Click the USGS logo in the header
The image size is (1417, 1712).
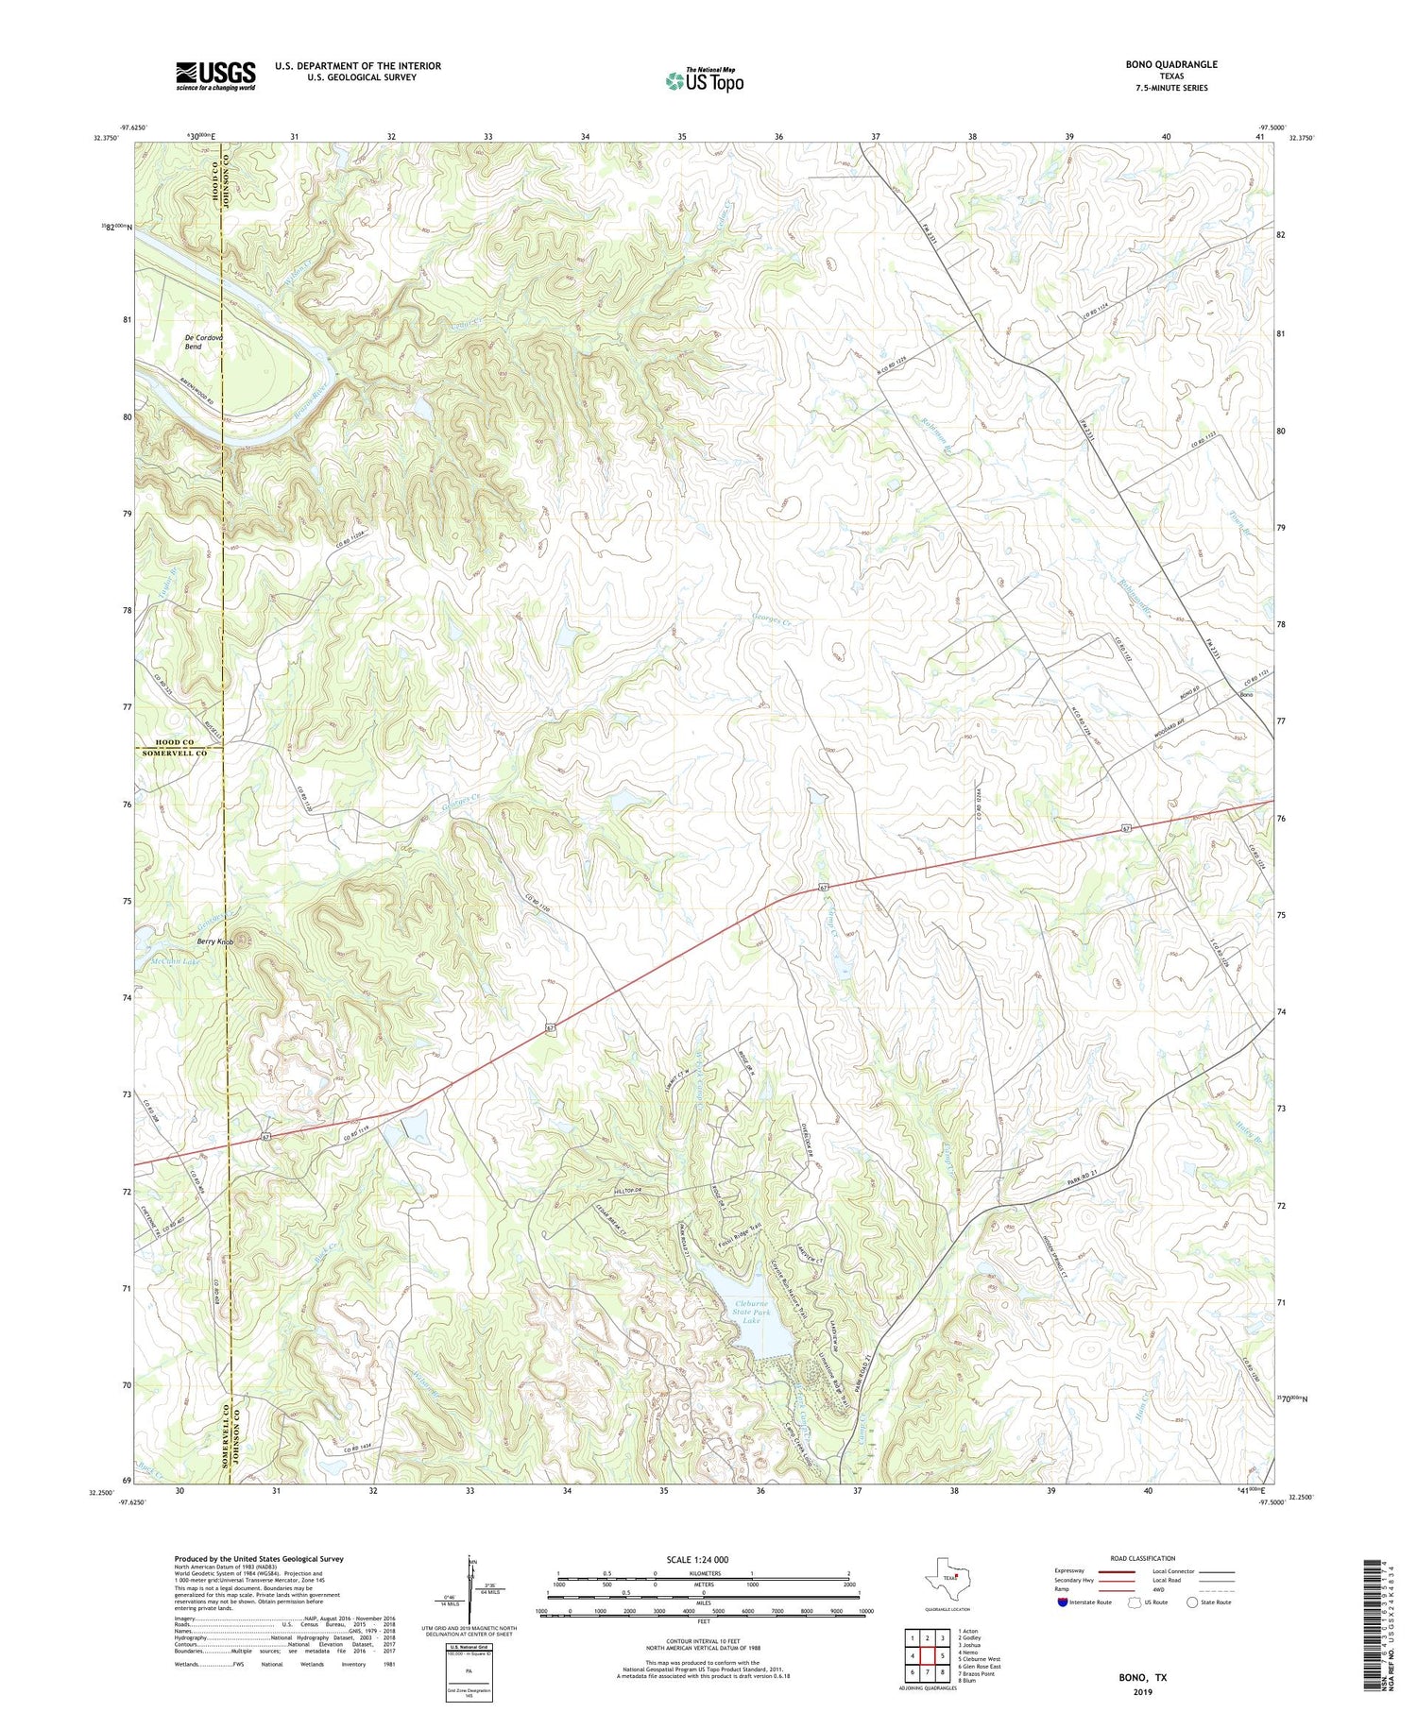(215, 76)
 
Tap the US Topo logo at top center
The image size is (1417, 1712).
(704, 81)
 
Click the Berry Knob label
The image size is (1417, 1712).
(214, 941)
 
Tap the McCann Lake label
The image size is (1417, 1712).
(176, 962)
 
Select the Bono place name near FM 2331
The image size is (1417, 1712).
(1247, 695)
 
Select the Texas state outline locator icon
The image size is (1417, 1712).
(947, 1577)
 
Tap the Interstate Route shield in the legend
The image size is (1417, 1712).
(1064, 1602)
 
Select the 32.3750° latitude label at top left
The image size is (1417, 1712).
(107, 138)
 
